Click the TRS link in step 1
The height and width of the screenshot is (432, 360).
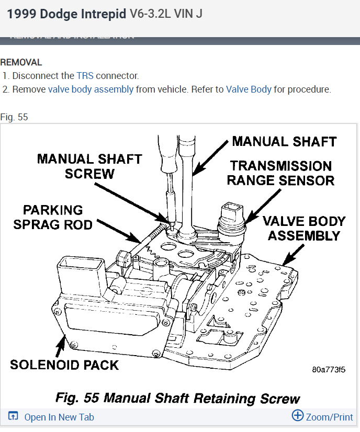click(x=85, y=75)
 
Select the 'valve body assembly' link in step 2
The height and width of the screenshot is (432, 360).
click(x=91, y=89)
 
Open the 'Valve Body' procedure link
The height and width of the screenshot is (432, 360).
click(x=249, y=89)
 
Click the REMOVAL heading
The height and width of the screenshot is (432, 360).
click(x=21, y=62)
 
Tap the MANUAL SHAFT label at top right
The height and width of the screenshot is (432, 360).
click(x=284, y=141)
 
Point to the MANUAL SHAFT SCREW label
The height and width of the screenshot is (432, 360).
click(x=89, y=166)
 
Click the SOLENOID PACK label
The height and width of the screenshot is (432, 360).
click(x=64, y=364)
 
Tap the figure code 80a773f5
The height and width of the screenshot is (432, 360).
click(x=329, y=370)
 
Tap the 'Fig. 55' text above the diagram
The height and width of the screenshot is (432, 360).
click(x=14, y=117)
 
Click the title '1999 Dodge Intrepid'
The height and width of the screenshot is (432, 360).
click(x=66, y=14)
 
